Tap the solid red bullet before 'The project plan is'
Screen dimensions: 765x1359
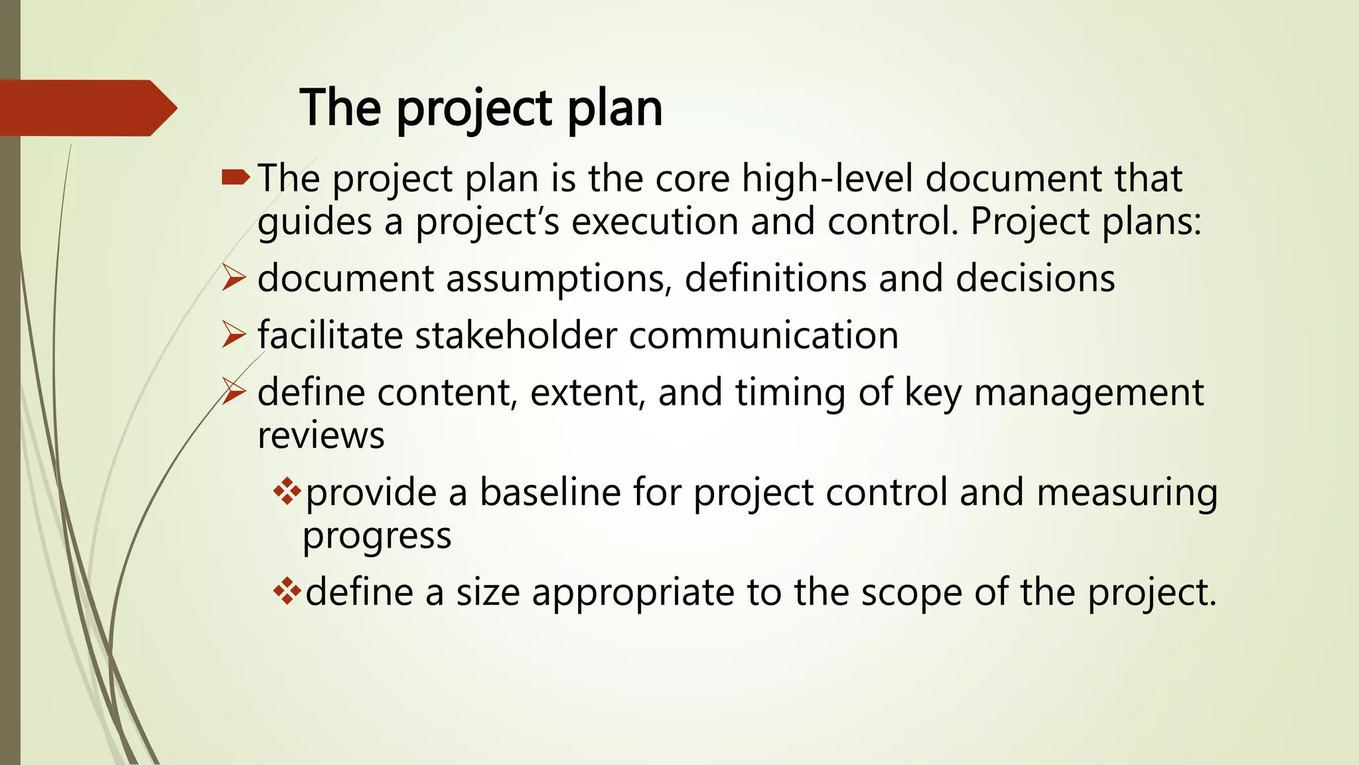pos(236,177)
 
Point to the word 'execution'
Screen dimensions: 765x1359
pos(654,221)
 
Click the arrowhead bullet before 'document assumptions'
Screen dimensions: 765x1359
pos(234,278)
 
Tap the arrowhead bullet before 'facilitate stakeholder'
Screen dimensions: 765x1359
pos(234,335)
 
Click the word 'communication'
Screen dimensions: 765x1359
pos(763,335)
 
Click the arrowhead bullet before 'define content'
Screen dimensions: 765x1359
pos(234,392)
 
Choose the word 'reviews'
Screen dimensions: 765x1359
pos(321,436)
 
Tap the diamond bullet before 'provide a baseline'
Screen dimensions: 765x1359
pos(287,492)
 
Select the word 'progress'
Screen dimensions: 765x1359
pos(376,536)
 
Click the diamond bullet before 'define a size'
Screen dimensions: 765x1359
pos(287,591)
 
